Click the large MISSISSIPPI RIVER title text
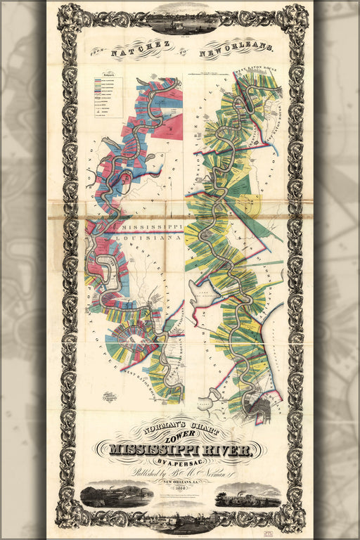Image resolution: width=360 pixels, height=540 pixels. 180,450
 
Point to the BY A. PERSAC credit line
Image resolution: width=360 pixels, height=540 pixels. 180,462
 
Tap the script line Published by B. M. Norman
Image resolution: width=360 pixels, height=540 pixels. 180,474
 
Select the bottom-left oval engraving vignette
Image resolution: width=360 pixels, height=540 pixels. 116,494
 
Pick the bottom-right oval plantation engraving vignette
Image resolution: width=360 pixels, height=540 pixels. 247,494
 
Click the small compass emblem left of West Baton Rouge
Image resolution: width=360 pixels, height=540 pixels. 108,397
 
